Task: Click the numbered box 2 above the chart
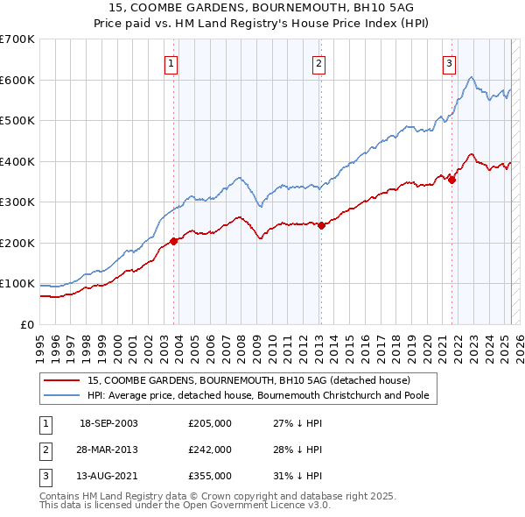[x=319, y=63]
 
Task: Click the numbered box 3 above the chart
[x=449, y=63]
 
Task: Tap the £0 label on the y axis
[x=26, y=324]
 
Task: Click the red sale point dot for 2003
[x=173, y=241]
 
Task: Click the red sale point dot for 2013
[x=321, y=225]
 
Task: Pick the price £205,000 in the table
[x=210, y=423]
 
